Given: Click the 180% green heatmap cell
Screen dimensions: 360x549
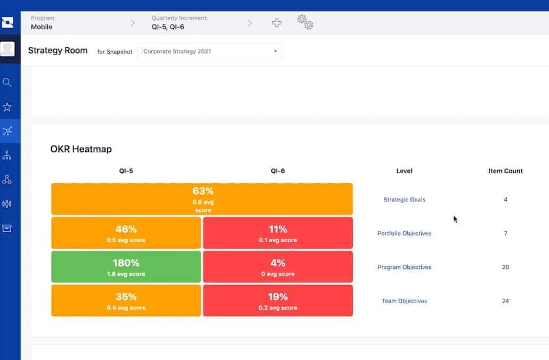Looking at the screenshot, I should (x=126, y=267).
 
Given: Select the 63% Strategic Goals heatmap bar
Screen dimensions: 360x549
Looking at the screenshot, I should (x=202, y=199).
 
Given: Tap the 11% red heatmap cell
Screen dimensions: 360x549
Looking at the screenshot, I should (x=278, y=233).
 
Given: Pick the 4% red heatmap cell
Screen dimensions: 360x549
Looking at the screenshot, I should (x=278, y=267).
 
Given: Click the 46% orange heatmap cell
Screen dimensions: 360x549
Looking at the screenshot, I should (x=126, y=233).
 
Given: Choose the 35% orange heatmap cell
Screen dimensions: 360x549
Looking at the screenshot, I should (x=126, y=301).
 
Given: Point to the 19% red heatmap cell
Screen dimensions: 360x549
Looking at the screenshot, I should (x=278, y=301).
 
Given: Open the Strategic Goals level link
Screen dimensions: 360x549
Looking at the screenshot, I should (x=404, y=200).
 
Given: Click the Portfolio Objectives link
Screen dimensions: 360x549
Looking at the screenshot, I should (x=404, y=233).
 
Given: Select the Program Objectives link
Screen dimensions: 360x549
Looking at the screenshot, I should (x=404, y=267).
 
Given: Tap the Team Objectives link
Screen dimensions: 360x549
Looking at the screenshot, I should (x=404, y=301).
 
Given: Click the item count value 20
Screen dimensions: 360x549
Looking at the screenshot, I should (x=505, y=267).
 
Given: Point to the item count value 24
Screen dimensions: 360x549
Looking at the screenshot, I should (x=505, y=301).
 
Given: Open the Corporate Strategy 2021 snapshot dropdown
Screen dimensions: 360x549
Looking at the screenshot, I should (x=209, y=52).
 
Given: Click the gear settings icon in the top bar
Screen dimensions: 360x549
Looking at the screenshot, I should (x=305, y=22).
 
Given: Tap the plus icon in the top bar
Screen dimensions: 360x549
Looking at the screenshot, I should (x=277, y=23).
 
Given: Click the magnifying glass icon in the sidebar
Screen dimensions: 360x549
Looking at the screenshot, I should (x=7, y=83).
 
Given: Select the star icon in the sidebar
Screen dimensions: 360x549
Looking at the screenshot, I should (x=7, y=107).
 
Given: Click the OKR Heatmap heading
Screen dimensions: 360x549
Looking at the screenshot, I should (x=81, y=149).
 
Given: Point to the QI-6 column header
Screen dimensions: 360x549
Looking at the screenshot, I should (x=277, y=171).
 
